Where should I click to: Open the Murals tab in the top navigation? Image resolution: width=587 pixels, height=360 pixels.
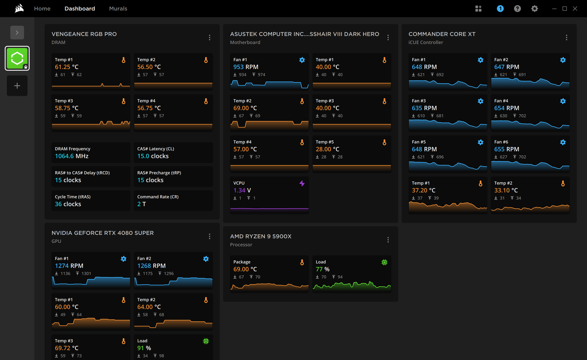[118, 9]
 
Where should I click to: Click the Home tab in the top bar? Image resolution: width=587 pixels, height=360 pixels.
[42, 9]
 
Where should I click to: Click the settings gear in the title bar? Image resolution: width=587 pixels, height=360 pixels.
[534, 9]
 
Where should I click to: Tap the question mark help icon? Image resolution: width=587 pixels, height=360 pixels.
[517, 9]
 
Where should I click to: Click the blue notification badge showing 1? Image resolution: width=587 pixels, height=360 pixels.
[500, 9]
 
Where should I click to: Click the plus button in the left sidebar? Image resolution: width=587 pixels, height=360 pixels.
[17, 86]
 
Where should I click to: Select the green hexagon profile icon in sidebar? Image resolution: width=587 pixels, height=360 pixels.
[17, 58]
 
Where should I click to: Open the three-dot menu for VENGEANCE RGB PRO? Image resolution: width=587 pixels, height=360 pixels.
[209, 38]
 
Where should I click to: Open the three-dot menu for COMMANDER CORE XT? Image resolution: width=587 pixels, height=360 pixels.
[567, 38]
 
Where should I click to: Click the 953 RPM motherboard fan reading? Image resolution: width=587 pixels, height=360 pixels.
[246, 67]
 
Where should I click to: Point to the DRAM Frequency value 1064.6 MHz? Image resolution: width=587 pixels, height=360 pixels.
[72, 156]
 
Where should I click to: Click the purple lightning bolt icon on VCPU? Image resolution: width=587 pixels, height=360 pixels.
[302, 183]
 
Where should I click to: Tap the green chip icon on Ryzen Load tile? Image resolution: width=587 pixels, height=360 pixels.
[384, 262]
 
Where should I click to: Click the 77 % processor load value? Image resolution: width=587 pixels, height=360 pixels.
[323, 269]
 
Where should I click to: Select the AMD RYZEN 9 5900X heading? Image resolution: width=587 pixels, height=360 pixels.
[261, 237]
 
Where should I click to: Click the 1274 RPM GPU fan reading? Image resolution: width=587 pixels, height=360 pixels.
[69, 266]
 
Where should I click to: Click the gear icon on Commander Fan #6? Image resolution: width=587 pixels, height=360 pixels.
[563, 142]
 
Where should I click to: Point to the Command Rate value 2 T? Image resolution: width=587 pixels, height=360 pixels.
[142, 204]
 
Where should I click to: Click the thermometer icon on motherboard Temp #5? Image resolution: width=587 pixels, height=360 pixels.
[384, 142]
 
